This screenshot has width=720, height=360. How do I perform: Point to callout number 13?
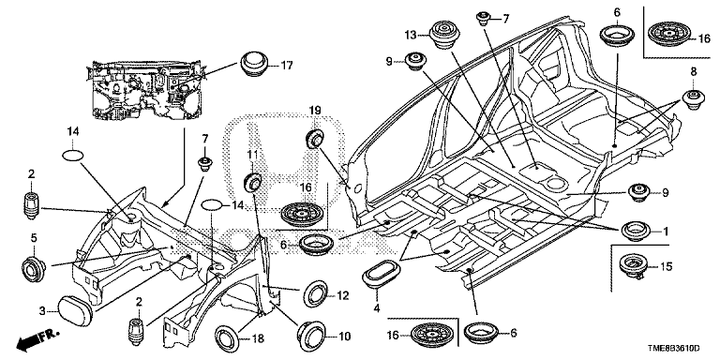[411, 35]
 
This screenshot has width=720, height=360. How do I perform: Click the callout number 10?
[343, 335]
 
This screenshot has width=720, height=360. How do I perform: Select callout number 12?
[342, 296]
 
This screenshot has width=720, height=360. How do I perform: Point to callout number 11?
[251, 153]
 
